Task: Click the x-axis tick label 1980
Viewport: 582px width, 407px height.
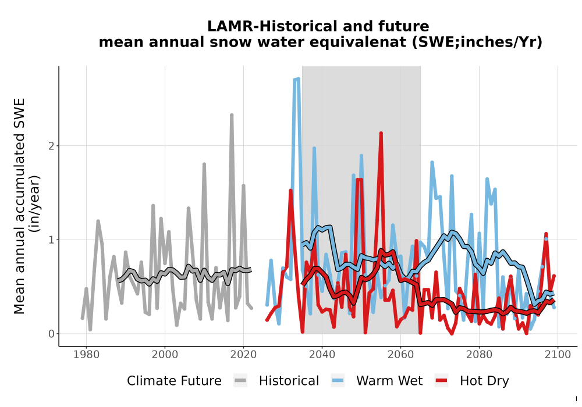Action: [x=86, y=354]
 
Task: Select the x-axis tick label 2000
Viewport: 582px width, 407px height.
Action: [x=165, y=354]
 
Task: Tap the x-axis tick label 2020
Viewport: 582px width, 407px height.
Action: [x=243, y=354]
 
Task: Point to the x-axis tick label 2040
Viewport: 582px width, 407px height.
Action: [x=322, y=354]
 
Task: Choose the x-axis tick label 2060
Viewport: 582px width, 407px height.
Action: [x=400, y=354]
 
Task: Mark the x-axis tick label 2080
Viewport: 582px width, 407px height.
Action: [x=479, y=354]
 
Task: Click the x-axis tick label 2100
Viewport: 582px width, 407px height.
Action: [x=558, y=354]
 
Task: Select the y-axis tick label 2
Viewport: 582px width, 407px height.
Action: [x=52, y=146]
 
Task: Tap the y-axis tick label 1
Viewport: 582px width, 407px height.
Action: [x=52, y=240]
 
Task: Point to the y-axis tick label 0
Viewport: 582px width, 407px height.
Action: [x=52, y=334]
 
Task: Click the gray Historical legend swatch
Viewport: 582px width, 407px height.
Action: [x=240, y=381]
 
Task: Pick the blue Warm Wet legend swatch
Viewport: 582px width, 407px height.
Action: [x=338, y=381]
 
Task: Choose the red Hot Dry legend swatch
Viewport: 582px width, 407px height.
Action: [x=441, y=381]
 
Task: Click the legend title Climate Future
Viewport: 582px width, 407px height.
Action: [x=174, y=381]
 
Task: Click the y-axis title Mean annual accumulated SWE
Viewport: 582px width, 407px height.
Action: [x=19, y=206]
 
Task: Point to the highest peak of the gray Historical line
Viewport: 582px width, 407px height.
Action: [x=232, y=115]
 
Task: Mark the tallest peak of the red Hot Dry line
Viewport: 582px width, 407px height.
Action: [x=381, y=133]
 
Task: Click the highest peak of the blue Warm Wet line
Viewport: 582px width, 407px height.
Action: [x=298, y=78]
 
